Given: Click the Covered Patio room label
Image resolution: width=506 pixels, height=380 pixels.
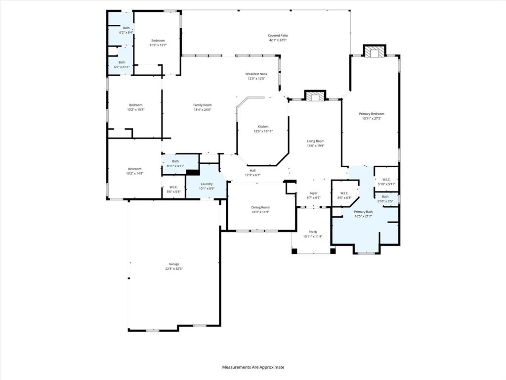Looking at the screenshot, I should (278, 36).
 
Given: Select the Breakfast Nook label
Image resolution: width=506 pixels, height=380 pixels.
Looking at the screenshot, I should (256, 74).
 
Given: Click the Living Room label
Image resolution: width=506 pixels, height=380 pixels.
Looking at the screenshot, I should (315, 141).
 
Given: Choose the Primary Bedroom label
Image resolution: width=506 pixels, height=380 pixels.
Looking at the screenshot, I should (371, 114).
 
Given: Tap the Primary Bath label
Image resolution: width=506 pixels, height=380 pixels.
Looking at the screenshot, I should (363, 211).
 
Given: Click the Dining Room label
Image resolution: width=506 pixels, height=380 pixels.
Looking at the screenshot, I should (260, 207).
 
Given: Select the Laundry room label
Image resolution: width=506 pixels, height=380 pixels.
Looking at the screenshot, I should (207, 184).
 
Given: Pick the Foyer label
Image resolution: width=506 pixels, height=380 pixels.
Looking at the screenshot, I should (314, 193).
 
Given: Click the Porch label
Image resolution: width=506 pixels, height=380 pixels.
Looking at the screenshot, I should (313, 232).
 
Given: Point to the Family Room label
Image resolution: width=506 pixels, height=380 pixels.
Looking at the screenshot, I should (202, 105).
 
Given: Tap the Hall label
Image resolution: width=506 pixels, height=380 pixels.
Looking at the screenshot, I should (253, 170).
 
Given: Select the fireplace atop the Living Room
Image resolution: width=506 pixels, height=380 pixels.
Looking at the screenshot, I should (315, 96).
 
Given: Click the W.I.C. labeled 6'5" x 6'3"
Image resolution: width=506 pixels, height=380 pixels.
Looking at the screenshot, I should (344, 193).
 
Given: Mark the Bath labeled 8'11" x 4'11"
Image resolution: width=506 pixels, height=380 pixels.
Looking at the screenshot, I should (175, 161).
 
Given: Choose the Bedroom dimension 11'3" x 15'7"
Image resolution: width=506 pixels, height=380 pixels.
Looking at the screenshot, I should (158, 45).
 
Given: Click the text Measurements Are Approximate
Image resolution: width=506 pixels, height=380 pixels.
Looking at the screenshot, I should (253, 367).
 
